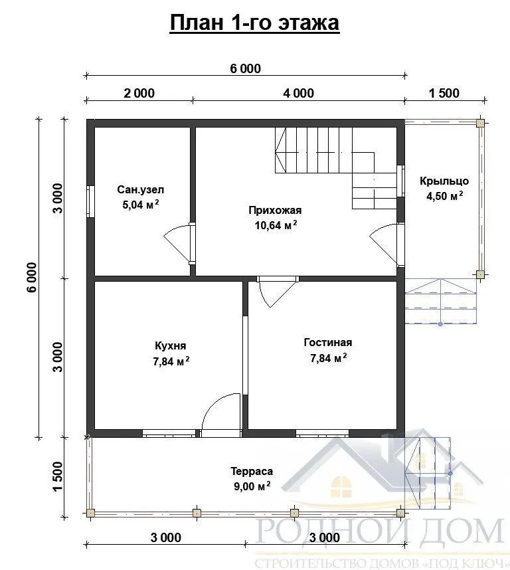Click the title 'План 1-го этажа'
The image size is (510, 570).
click(254, 23)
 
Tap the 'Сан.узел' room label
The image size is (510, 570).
click(141, 189)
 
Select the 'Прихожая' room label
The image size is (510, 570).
click(275, 210)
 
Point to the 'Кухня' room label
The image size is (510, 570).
click(171, 345)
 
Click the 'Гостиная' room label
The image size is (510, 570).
click(328, 342)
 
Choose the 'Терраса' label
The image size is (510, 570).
click(252, 471)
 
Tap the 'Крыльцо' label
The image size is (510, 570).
click(444, 181)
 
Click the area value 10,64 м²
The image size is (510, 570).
click(276, 225)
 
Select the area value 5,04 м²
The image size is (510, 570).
click(141, 205)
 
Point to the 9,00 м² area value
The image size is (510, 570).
click(252, 486)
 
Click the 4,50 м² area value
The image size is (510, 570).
click(445, 196)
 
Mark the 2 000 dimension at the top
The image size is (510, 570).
click(139, 93)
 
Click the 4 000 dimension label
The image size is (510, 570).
click(299, 93)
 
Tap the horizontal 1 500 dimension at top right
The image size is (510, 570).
click(444, 93)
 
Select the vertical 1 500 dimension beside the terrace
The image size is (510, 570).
click(58, 476)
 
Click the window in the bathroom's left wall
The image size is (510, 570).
click(90, 201)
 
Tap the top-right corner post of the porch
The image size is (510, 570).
click(480, 123)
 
